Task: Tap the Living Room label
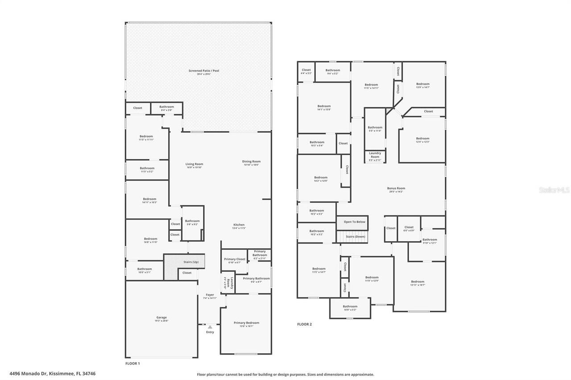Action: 194,164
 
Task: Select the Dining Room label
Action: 251,162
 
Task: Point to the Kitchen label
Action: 239,225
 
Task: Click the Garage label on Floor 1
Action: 161,318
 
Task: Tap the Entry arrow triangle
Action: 210,327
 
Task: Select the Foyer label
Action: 210,295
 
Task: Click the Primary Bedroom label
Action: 246,323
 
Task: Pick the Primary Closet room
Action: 235,261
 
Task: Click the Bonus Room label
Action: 396,188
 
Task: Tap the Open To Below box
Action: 354,222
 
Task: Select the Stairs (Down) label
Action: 355,237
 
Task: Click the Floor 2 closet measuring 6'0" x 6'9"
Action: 409,228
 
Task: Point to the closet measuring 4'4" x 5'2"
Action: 306,71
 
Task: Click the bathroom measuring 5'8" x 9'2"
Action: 192,221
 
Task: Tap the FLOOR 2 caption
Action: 304,324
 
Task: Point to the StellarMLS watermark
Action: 554,190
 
